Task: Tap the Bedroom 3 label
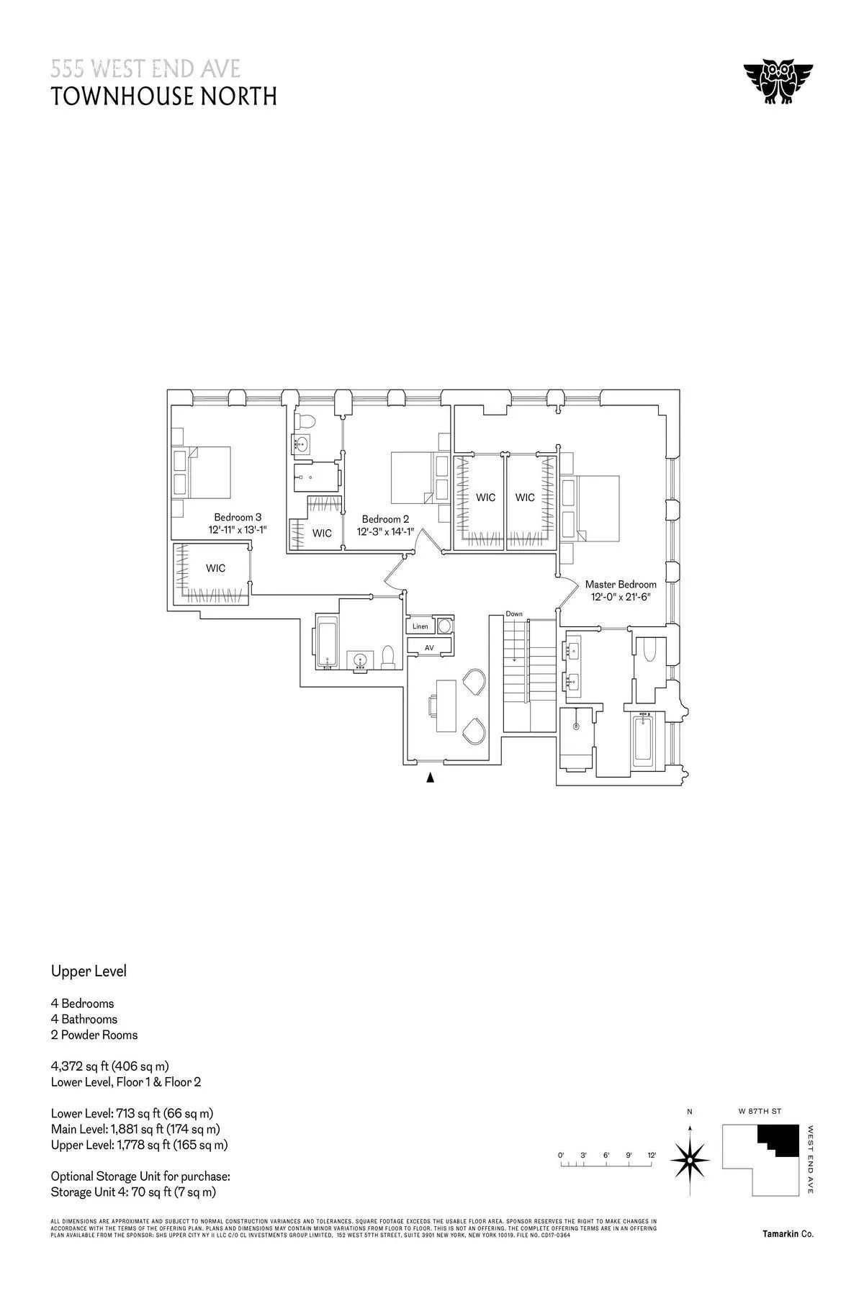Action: pos(238,517)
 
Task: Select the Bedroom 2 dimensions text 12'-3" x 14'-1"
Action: pos(385,532)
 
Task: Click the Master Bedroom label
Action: pos(620,585)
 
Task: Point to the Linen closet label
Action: pos(420,626)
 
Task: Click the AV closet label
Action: pos(430,648)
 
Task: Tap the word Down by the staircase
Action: pos(514,614)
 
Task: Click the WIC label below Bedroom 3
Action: pos(215,568)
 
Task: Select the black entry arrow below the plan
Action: pos(431,777)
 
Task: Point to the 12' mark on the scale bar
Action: pos(652,1155)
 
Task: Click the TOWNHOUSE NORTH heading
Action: pos(164,96)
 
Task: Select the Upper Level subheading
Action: pos(89,971)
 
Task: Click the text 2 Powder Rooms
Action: pos(94,1035)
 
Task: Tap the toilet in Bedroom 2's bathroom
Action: pos(305,420)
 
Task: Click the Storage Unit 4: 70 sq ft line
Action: pos(133,1192)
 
